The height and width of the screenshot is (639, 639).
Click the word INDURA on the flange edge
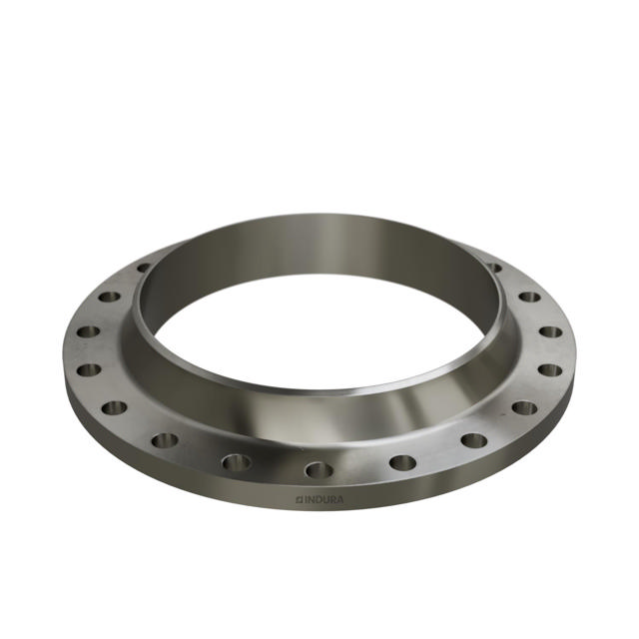coord(323,499)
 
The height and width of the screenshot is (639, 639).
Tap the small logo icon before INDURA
coord(299,499)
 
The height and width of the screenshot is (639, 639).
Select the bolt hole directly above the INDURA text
coord(319,470)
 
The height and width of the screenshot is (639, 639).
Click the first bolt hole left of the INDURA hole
coord(237,462)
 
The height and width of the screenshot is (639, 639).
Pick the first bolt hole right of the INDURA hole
coord(402,462)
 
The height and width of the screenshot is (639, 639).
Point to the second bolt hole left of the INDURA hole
coord(165,440)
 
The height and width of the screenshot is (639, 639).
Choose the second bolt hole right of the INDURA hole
coord(474,439)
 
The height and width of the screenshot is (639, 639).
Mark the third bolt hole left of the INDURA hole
coord(114,407)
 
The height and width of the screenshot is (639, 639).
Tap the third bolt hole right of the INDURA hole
coord(525,407)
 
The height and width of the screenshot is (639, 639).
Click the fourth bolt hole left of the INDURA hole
coord(89,370)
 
